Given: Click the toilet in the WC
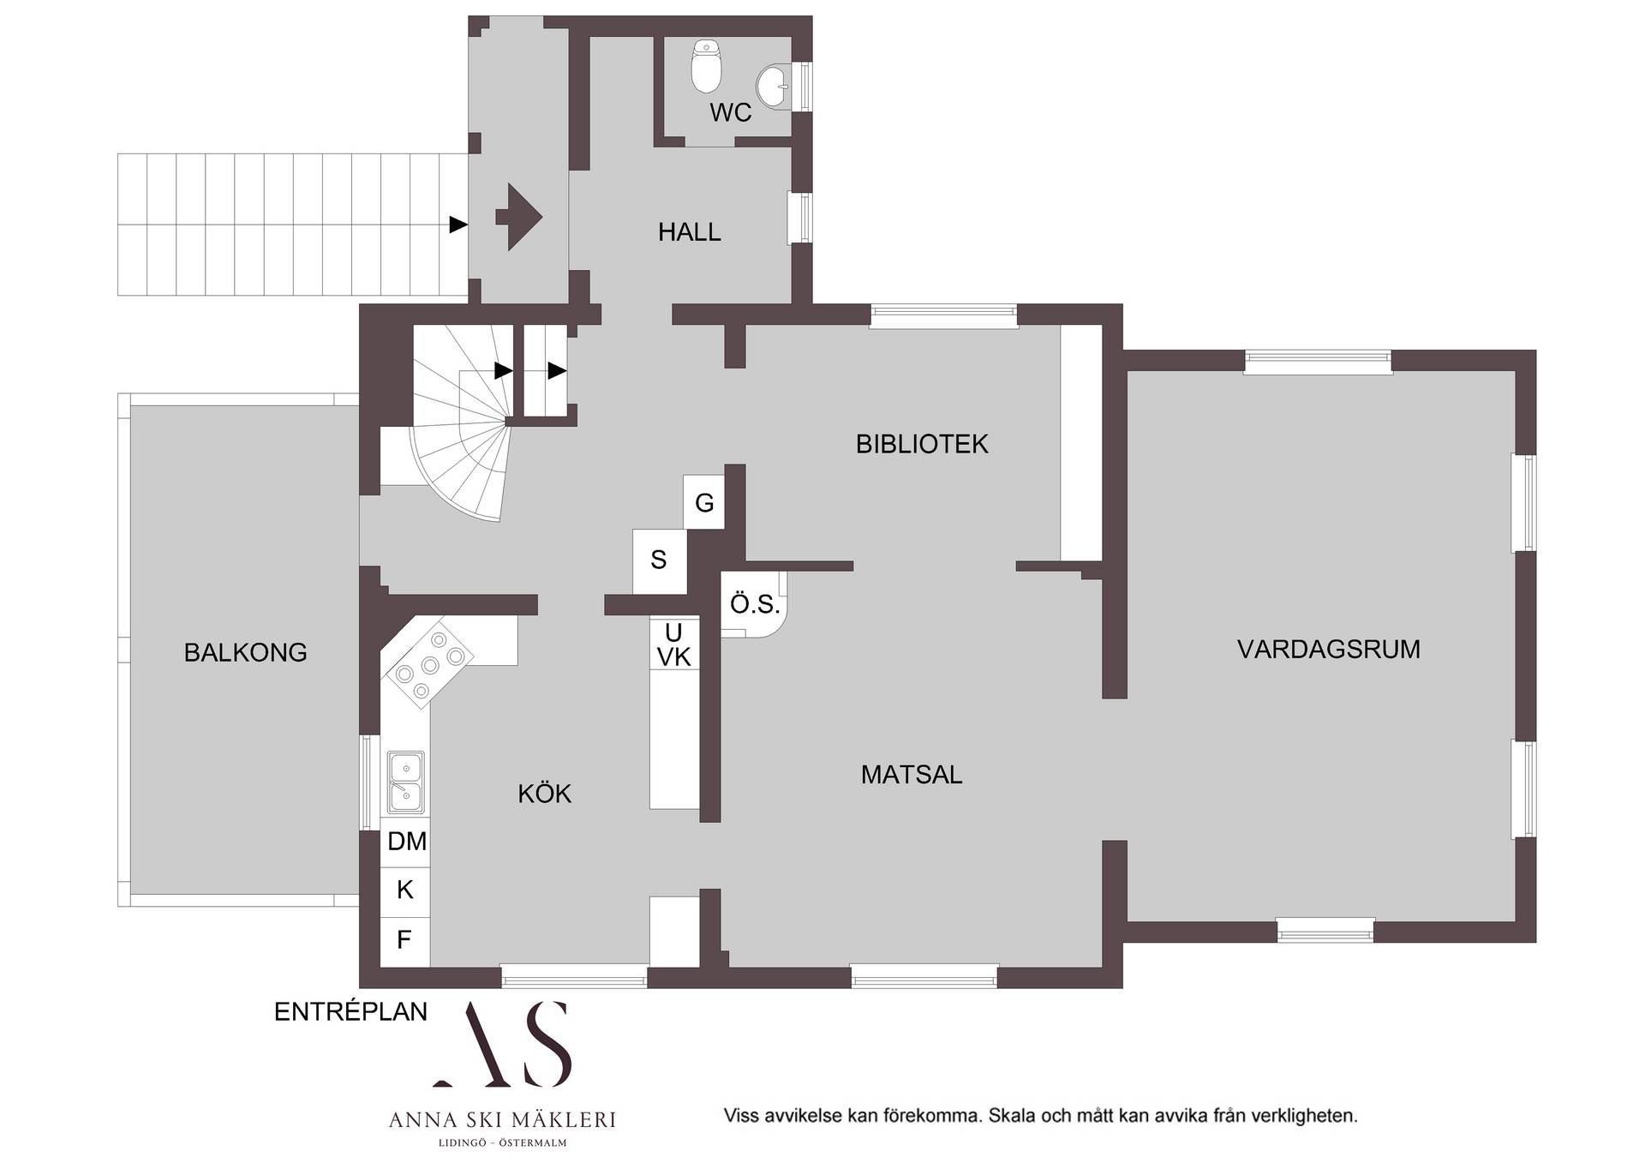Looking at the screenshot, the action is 707,65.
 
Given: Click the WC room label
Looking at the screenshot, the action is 730,112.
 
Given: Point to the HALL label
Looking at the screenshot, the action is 689,231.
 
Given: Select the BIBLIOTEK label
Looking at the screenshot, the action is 922,444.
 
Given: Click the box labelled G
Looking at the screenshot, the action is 704,502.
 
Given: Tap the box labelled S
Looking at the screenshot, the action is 659,561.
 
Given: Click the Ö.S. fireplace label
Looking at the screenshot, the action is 755,604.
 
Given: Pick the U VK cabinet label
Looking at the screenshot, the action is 674,644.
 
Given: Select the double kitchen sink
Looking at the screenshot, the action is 405,782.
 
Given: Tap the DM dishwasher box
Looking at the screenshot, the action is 406,842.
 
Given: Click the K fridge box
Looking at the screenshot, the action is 405,890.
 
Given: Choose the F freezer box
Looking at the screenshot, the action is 405,941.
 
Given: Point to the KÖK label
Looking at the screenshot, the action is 544,794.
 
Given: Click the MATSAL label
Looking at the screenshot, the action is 912,775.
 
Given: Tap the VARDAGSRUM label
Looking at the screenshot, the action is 1329,650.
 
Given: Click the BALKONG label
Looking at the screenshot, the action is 245,652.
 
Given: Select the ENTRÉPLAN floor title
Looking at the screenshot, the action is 350,1011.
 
